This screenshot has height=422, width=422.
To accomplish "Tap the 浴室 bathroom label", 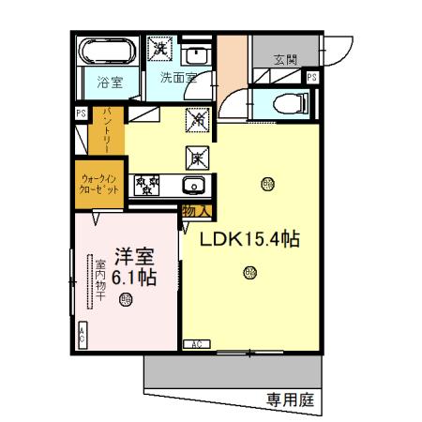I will [x=110, y=82].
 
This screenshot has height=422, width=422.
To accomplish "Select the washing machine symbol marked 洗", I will [x=161, y=47].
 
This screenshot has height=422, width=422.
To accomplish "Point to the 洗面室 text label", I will [x=177, y=78].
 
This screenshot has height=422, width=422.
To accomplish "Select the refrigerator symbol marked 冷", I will [x=198, y=119].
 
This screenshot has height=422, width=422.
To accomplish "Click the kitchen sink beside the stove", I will [x=192, y=185].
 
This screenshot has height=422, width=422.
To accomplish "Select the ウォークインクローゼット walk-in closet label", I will [x=98, y=184].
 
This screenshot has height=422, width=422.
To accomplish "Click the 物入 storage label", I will [x=195, y=211].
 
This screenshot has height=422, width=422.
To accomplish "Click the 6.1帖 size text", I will [x=133, y=278].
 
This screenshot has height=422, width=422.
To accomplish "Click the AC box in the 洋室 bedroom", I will [x=82, y=334].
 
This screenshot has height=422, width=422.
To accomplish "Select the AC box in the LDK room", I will [x=198, y=344].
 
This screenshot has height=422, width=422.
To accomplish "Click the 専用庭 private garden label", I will [x=290, y=399].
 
